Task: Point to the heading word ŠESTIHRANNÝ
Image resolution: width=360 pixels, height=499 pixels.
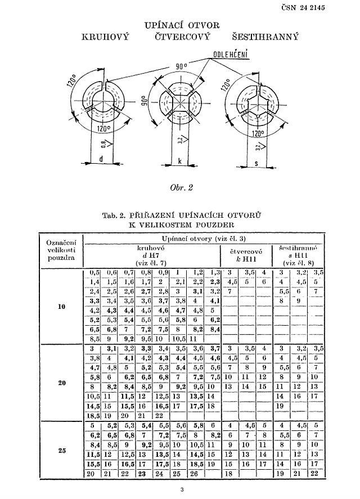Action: (x=265, y=37)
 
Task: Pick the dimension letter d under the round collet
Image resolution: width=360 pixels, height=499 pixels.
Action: (x=101, y=159)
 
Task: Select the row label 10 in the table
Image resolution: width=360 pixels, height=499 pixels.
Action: (x=62, y=307)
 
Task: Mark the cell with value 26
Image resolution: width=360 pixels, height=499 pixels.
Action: (x=192, y=474)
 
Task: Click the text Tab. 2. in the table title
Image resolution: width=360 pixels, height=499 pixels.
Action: (x=115, y=214)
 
